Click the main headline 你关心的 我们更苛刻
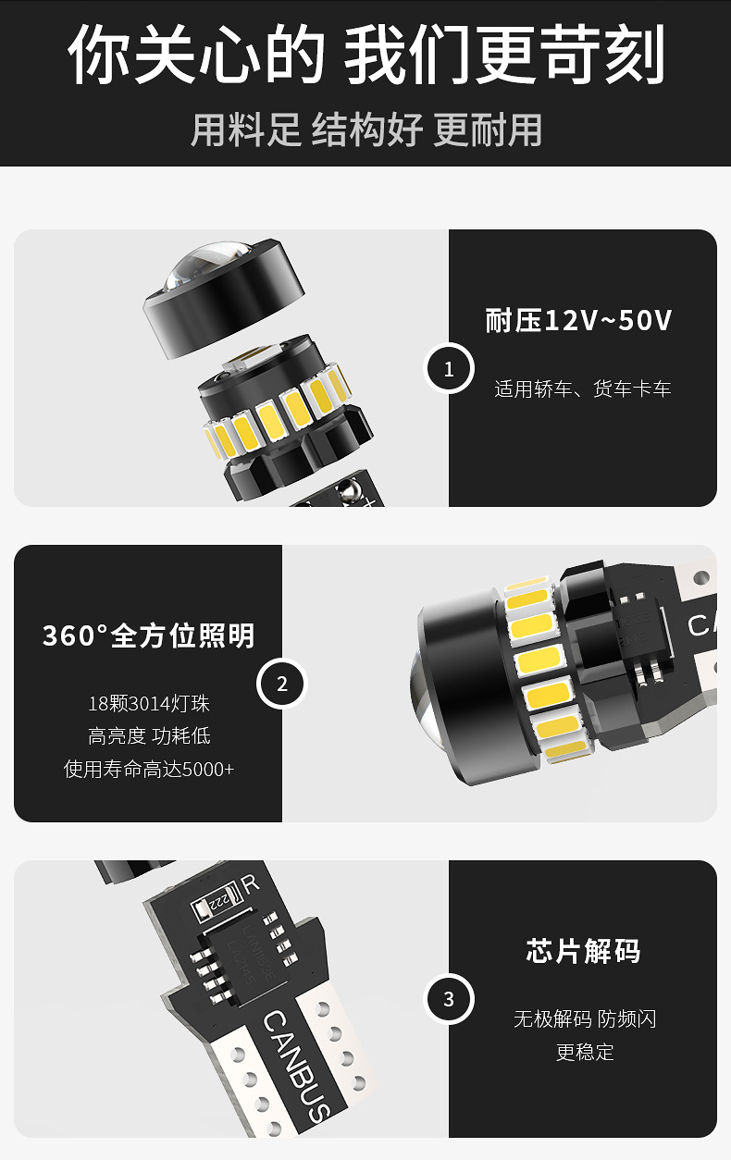click(x=365, y=55)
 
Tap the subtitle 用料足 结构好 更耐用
click(x=366, y=130)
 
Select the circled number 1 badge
click(x=449, y=368)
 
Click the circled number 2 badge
click(x=282, y=684)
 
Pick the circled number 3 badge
click(x=449, y=999)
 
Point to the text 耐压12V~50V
click(x=578, y=320)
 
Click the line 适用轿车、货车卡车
click(x=582, y=389)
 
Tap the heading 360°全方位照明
click(x=149, y=636)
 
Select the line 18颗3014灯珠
click(x=149, y=703)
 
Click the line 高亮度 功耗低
click(x=149, y=736)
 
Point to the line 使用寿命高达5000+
click(x=149, y=769)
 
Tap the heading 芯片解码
click(x=583, y=951)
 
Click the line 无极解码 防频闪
click(x=585, y=1019)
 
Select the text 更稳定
click(x=585, y=1052)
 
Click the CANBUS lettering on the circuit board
click(x=297, y=1067)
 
